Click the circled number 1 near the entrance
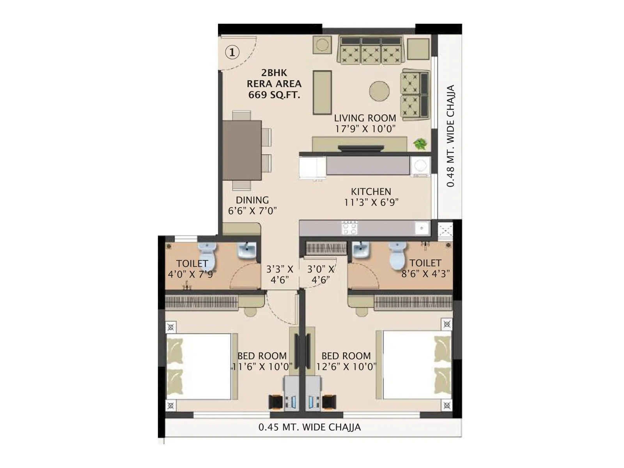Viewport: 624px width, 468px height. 232,52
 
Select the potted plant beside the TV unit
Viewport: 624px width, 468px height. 420,144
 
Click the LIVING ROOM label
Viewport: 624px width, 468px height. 365,118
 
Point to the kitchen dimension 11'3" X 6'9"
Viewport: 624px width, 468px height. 371,202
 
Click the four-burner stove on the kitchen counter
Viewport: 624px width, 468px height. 349,228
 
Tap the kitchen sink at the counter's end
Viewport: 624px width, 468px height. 422,228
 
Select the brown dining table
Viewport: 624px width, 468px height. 242,150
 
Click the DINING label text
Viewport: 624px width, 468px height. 252,200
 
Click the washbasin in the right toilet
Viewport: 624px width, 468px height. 361,250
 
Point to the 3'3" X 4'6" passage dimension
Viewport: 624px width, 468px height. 280,275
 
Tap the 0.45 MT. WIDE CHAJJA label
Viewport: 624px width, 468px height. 309,427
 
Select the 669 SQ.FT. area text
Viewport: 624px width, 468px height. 274,95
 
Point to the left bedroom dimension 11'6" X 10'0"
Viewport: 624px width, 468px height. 262,367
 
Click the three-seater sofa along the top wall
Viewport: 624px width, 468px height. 371,50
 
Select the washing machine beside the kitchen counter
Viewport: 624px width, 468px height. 420,166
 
